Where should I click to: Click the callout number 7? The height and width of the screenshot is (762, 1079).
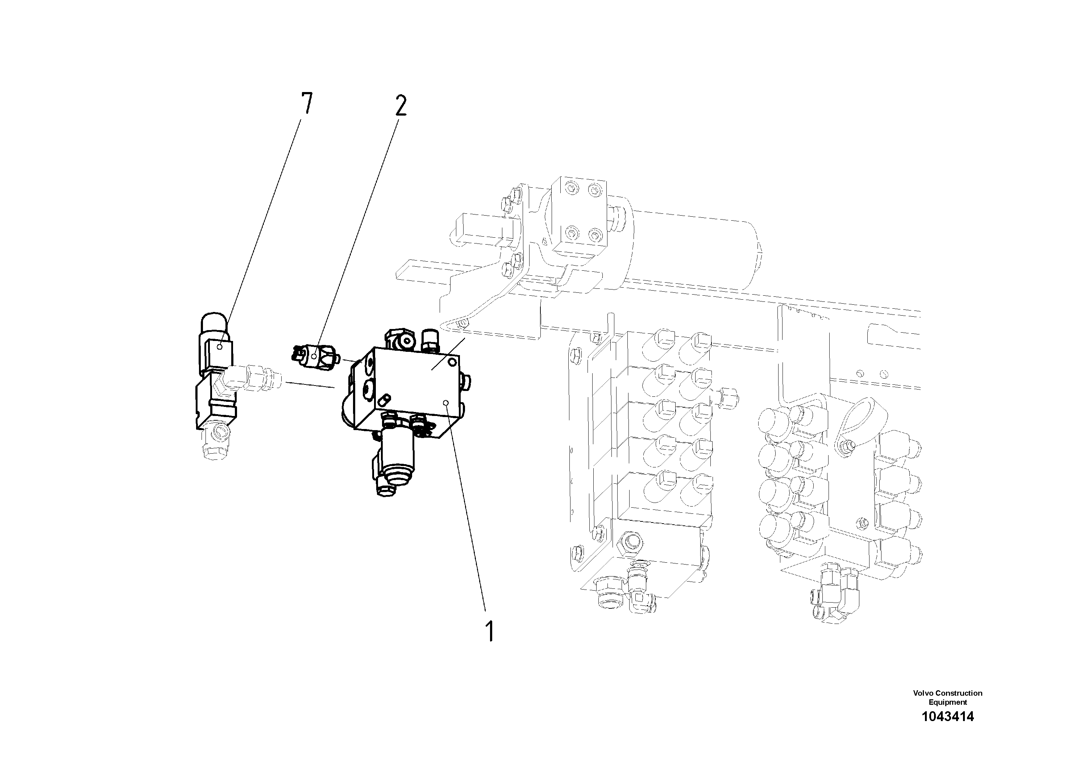[306, 104]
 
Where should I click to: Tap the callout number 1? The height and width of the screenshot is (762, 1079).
[490, 631]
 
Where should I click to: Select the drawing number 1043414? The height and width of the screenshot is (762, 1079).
[947, 716]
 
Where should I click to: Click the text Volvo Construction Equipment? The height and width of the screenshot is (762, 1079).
[947, 697]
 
